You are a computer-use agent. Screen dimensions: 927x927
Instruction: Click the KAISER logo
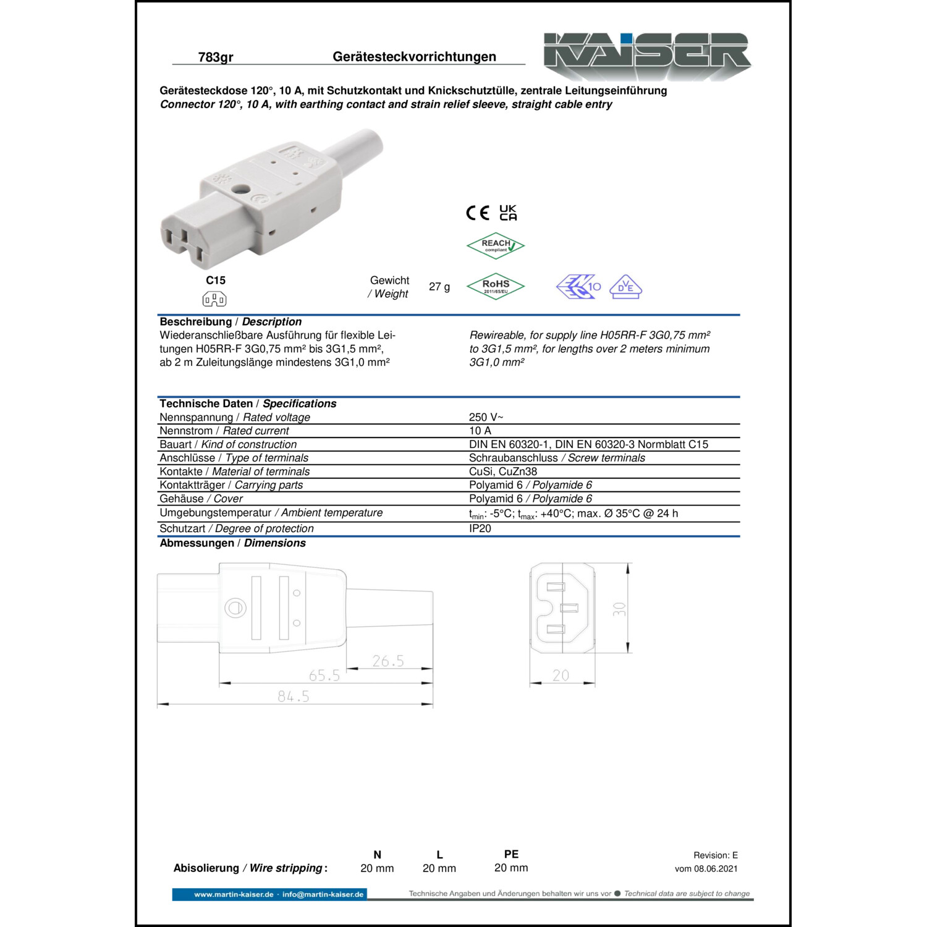646,56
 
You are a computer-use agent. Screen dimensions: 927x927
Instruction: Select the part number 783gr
215,57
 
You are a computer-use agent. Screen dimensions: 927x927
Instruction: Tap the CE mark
477,213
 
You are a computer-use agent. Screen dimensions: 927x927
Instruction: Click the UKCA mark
508,213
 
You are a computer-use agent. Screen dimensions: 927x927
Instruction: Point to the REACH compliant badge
496,245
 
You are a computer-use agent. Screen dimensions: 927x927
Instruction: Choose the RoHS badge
496,286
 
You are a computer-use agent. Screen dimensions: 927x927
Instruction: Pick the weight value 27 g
439,287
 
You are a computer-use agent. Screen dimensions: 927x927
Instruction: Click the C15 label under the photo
215,281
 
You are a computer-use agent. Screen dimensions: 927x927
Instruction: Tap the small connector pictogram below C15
214,300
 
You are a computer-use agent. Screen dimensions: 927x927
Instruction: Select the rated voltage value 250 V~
486,417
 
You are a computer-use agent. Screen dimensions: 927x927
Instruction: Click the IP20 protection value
480,528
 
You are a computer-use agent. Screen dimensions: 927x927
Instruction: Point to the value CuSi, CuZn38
503,472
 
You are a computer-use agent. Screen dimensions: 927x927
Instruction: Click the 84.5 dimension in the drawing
294,696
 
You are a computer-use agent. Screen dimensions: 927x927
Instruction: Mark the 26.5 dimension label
388,661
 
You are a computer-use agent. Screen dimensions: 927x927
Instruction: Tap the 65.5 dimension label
324,675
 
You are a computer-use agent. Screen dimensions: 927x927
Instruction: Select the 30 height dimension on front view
619,609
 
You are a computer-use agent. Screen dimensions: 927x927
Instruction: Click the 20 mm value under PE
511,868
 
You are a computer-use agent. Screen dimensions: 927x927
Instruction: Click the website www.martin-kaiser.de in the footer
234,894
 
